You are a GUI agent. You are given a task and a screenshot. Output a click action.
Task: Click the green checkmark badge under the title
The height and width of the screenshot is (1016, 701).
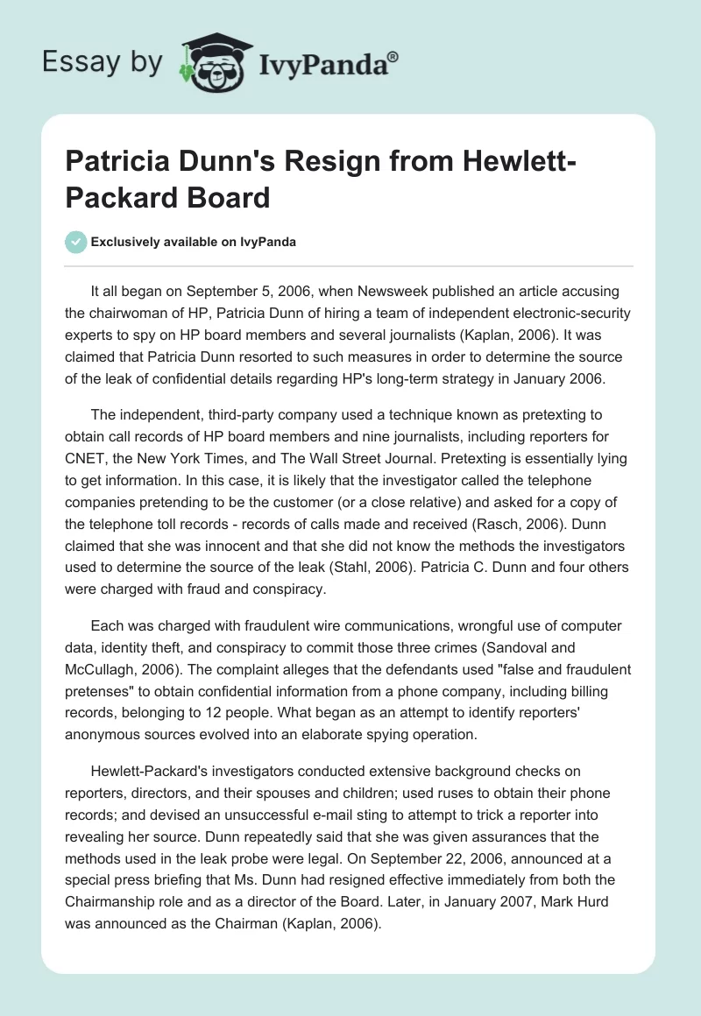tap(76, 242)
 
